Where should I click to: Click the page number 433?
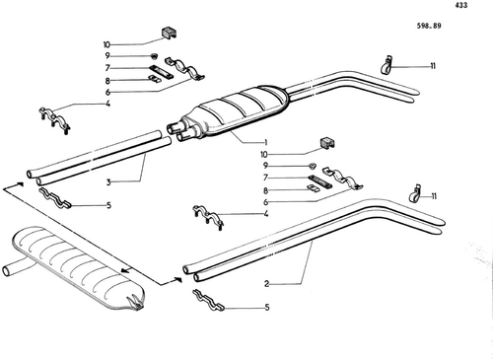coord(461,5)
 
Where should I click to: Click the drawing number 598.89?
coord(429,26)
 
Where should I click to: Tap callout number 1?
coord(265,142)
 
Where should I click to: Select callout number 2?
coord(266,284)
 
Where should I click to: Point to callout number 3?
coord(108,182)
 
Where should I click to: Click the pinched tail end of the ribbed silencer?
coord(136,303)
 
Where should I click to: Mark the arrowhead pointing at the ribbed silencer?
coord(125,270)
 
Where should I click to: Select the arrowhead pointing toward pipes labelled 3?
coord(20,183)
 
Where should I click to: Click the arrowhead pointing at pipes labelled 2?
coord(177,279)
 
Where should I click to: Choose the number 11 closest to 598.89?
coord(433,66)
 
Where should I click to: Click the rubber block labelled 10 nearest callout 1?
coord(327,143)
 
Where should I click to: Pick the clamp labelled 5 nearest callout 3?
coord(55,198)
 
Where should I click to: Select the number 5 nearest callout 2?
coord(267,308)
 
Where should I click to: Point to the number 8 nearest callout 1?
coord(265,190)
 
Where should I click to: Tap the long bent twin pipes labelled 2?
coord(313,240)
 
